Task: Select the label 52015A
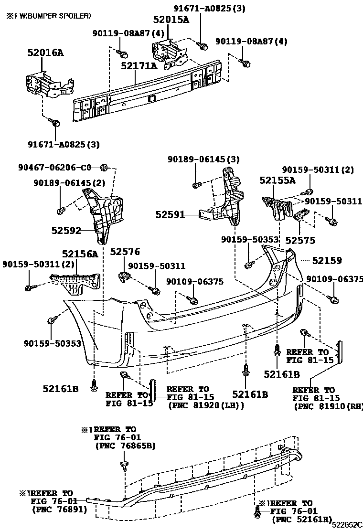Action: coord(171,20)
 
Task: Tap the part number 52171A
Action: coord(139,66)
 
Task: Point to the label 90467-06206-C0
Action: coord(54,168)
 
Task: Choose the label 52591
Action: coord(170,215)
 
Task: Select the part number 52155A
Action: coord(278,180)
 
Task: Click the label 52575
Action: coord(300,240)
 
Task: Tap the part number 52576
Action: coord(125,251)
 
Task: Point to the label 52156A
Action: coord(80,254)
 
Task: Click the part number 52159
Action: coord(327,261)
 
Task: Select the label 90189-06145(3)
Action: coord(203,159)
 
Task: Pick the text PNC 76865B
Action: coord(126,446)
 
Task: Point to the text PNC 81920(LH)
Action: coord(206,406)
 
